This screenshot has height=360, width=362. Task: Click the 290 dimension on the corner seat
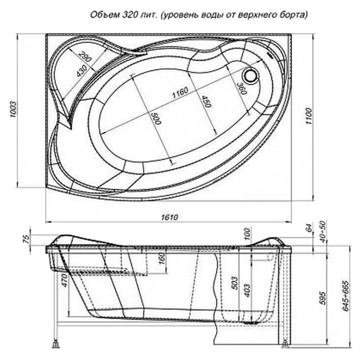[86, 58]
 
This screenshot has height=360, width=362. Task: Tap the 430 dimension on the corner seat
[82, 71]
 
